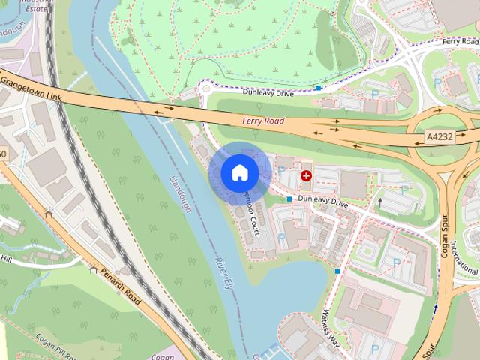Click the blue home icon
point(239,173)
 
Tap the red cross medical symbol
point(306,176)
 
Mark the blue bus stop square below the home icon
point(289,199)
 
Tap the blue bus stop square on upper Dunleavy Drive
point(319,88)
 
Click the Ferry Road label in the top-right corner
point(460,40)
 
